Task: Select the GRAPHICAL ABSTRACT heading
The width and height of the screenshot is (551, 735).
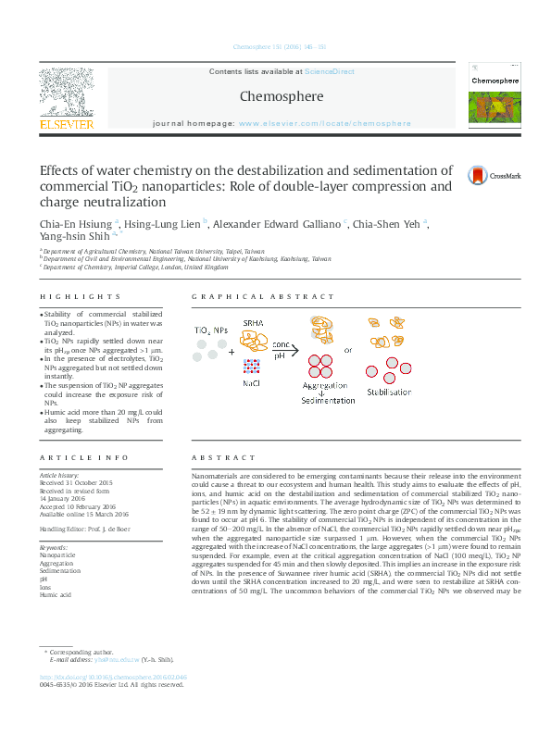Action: click(x=263, y=296)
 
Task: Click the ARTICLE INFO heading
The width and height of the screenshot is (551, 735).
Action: click(x=83, y=458)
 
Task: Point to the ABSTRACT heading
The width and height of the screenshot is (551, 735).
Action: click(x=223, y=458)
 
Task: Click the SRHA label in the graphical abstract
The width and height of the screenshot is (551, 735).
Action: click(x=253, y=322)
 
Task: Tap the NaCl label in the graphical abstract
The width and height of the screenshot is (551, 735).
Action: click(x=252, y=382)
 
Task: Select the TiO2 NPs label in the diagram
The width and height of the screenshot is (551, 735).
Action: click(x=210, y=330)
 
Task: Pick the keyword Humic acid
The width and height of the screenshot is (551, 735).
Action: click(x=56, y=596)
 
